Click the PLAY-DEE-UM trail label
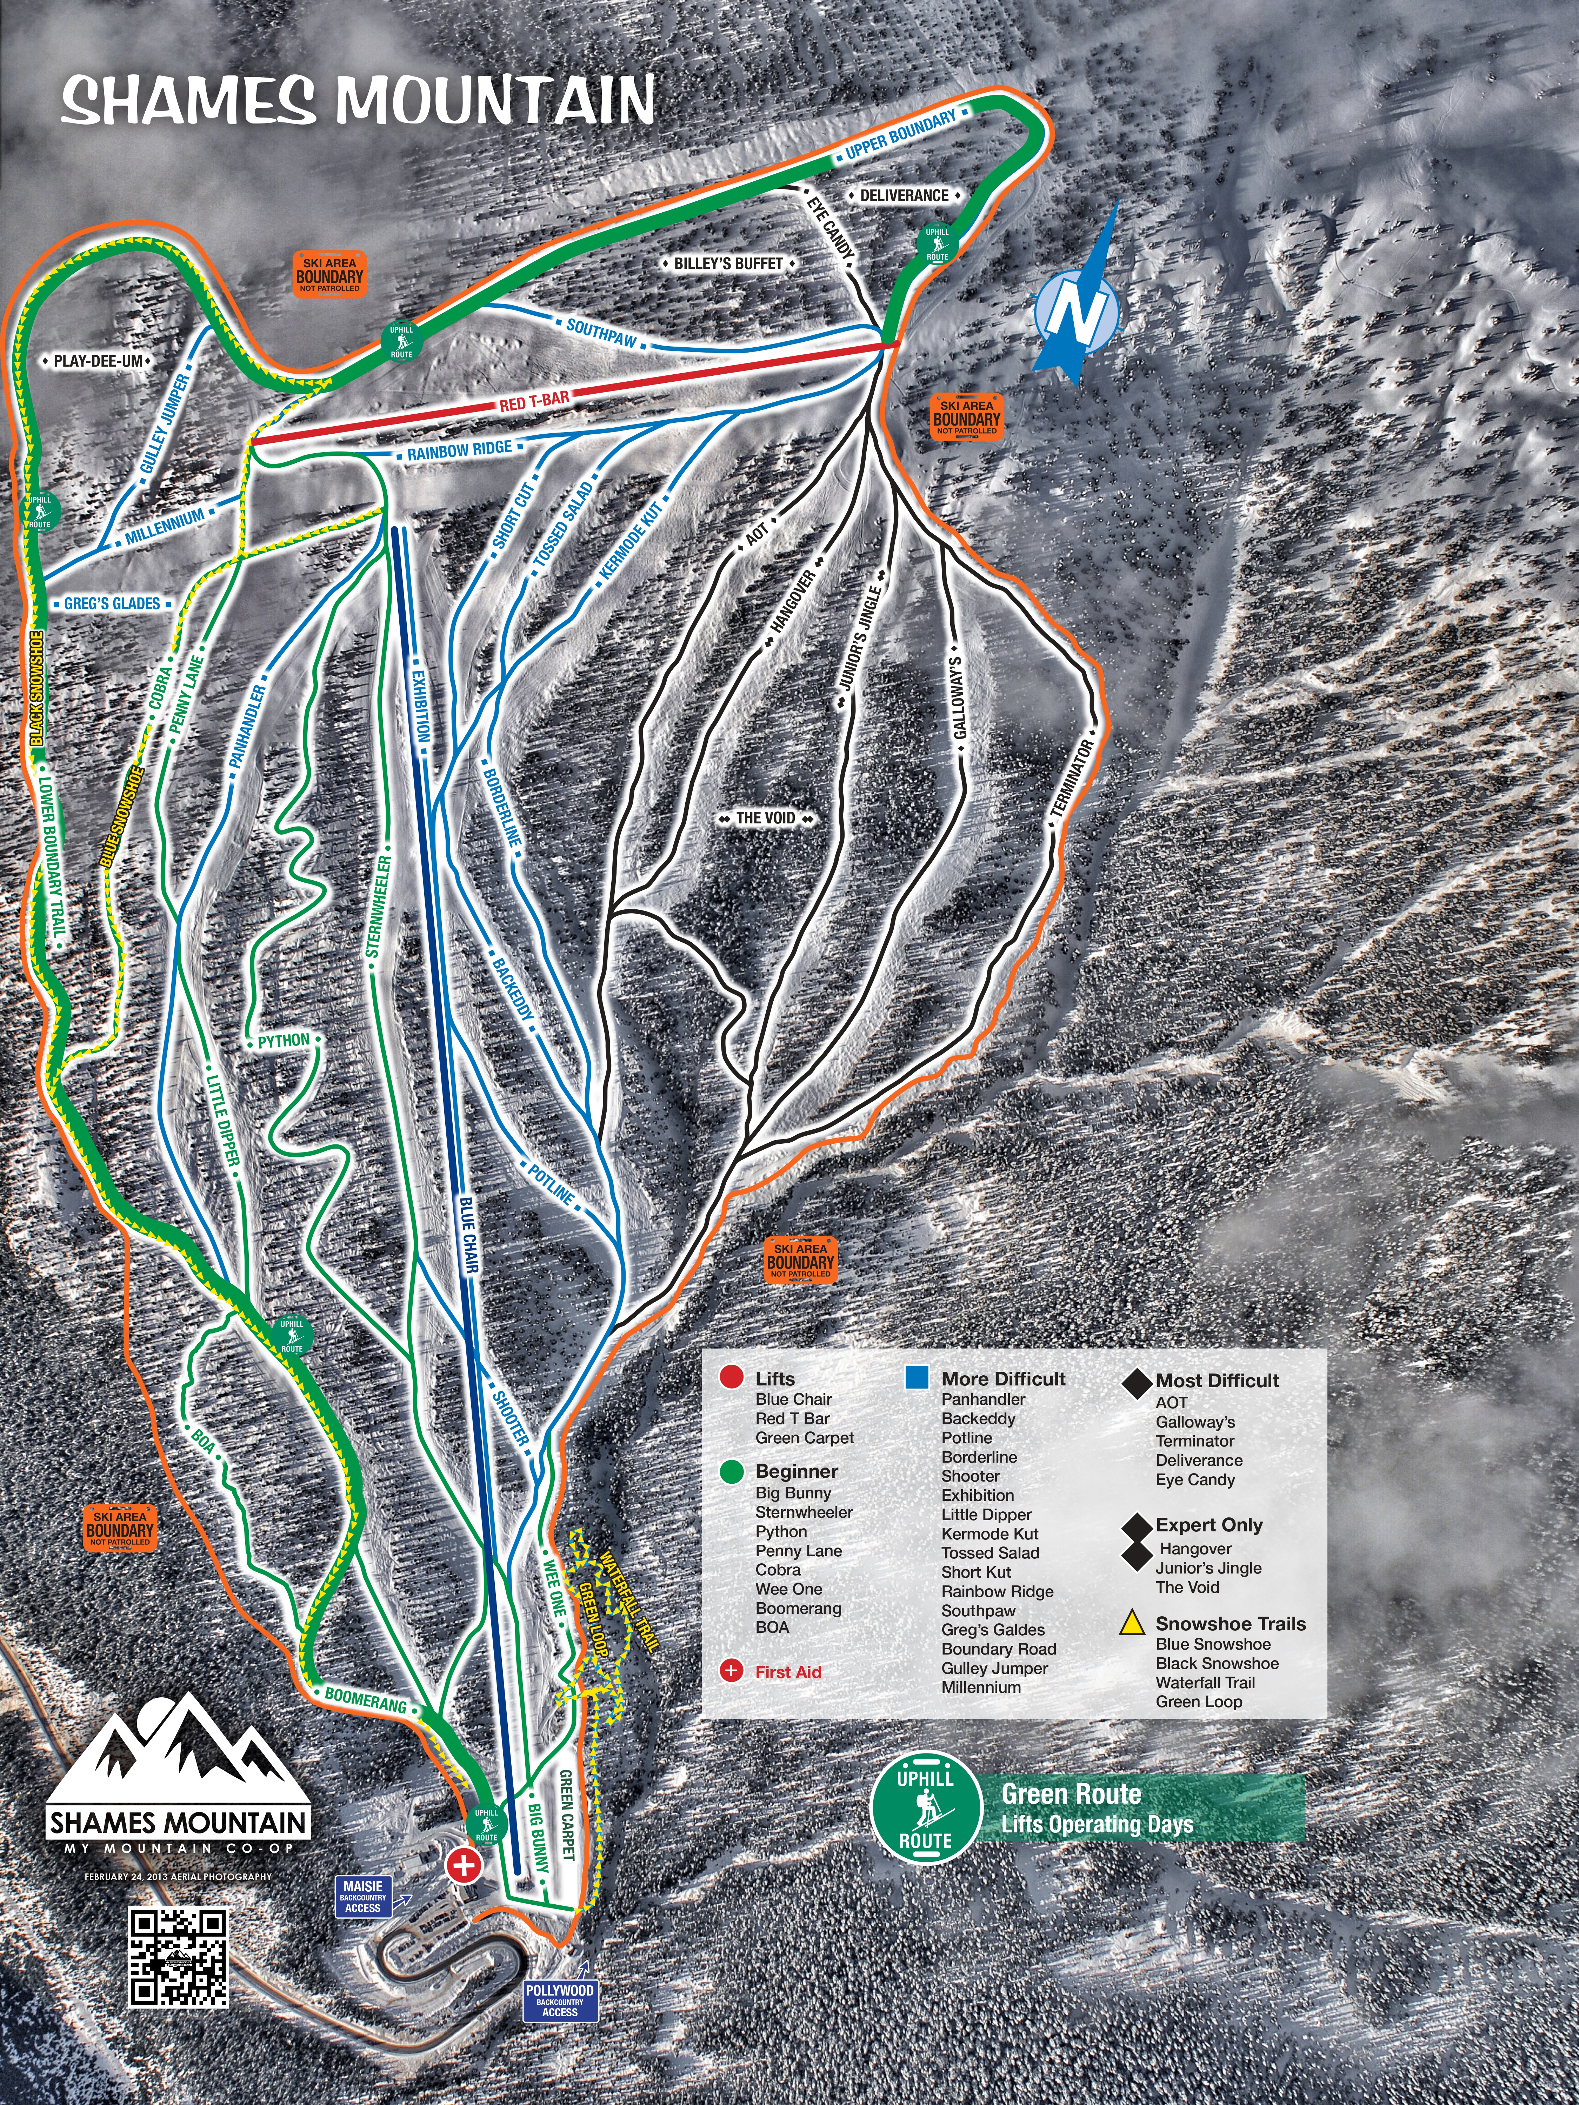coord(98,362)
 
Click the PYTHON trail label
coord(284,1041)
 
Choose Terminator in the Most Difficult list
coord(1194,1441)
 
